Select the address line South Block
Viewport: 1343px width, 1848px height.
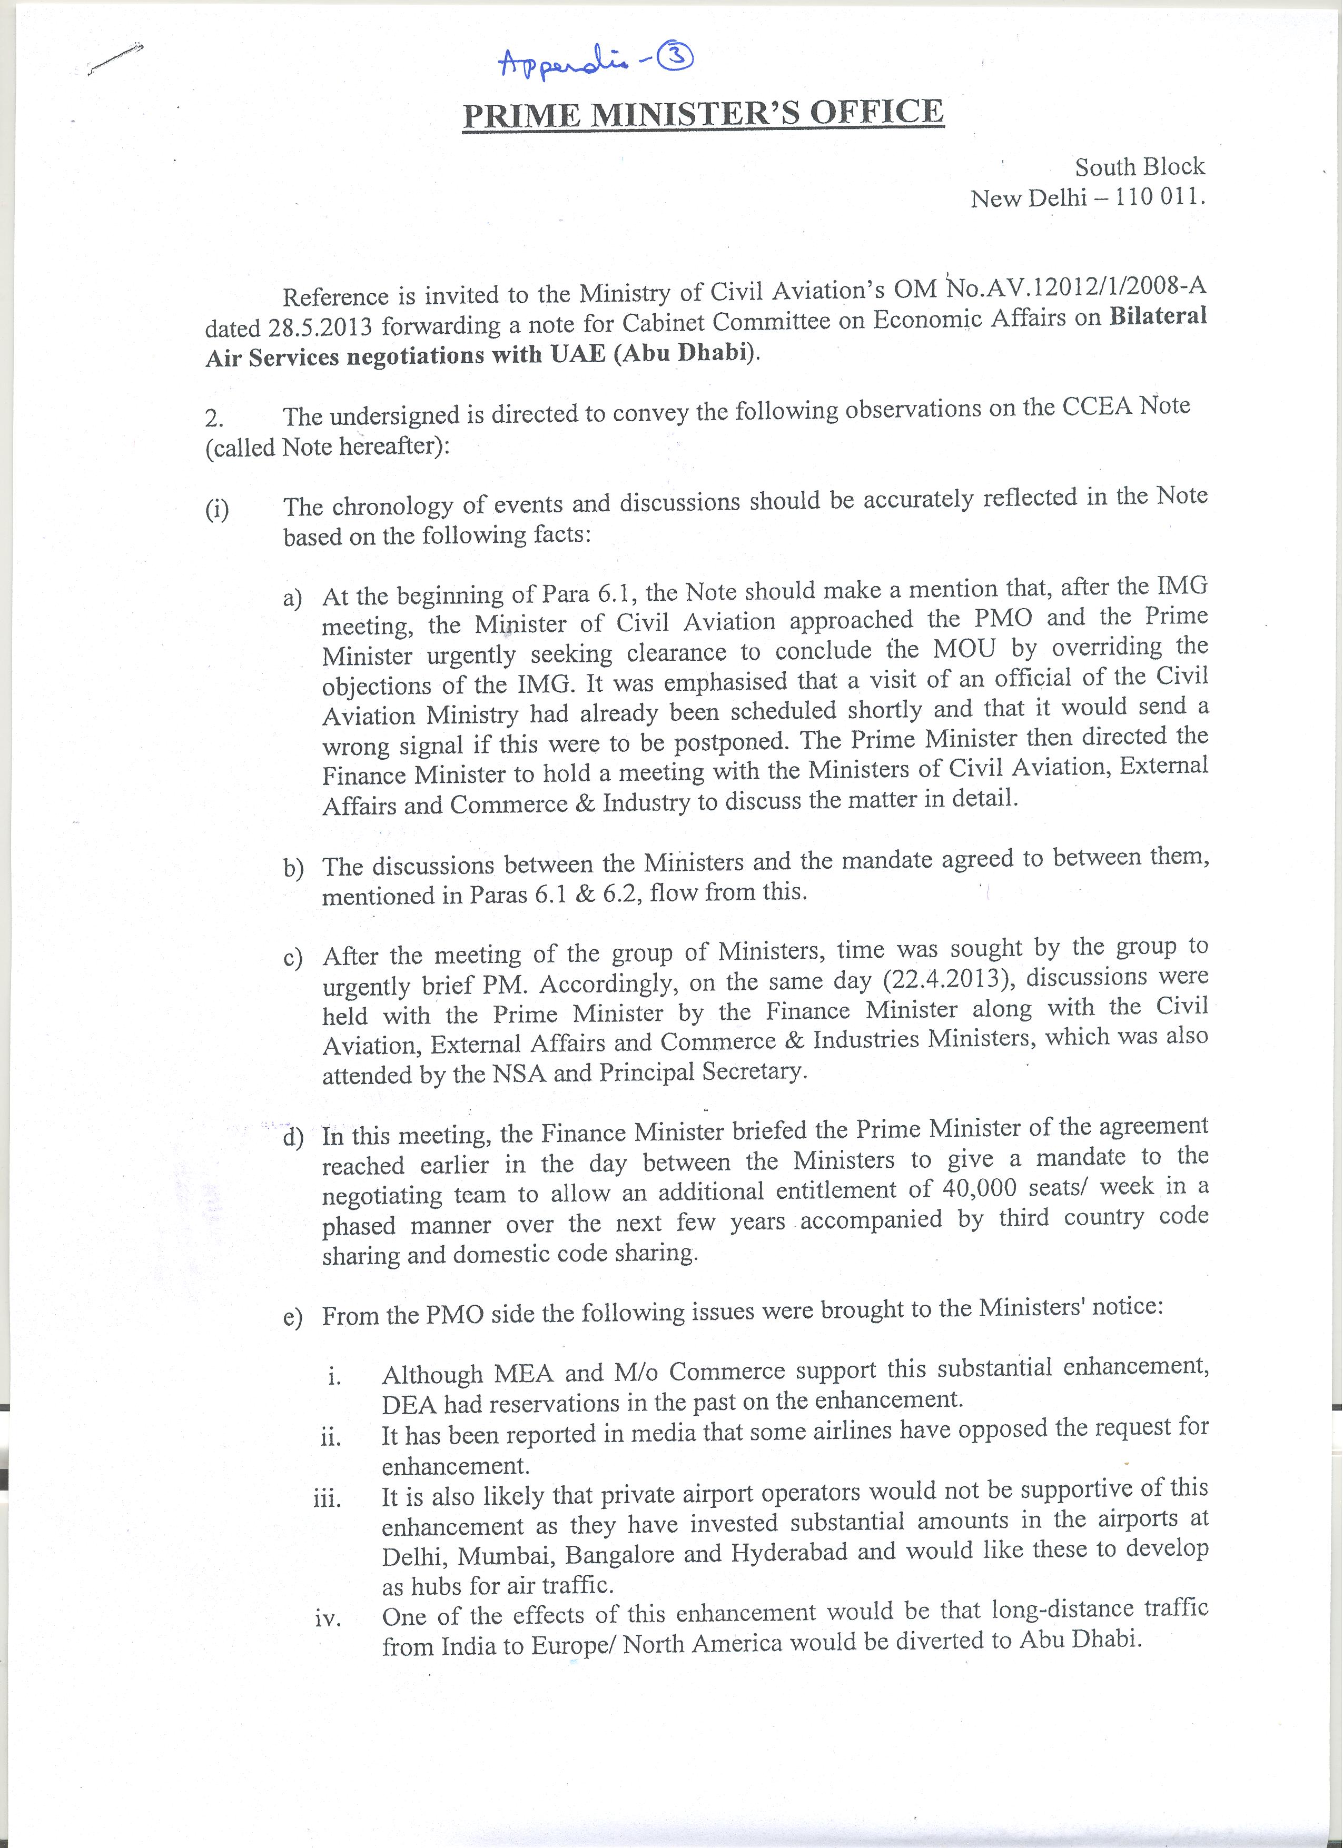point(1139,167)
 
